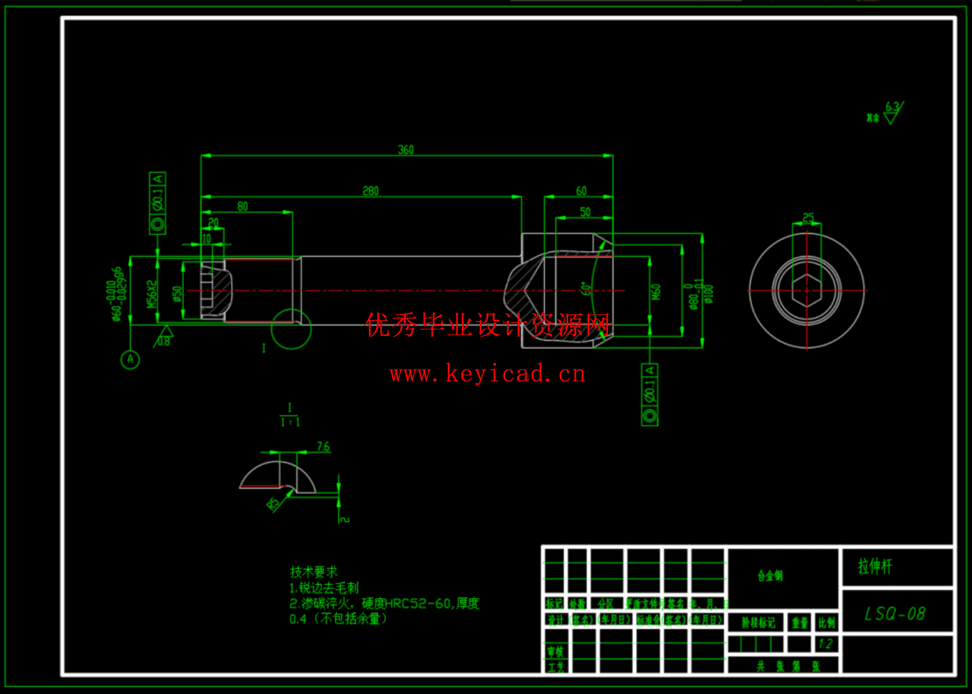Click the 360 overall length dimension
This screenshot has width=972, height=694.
[x=406, y=149]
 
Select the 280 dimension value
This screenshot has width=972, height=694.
[x=370, y=190]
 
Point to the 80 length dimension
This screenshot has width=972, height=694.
[x=242, y=206]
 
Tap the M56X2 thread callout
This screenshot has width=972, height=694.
[x=152, y=294]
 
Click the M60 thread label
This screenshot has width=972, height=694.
[x=656, y=291]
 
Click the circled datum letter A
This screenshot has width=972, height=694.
[x=130, y=359]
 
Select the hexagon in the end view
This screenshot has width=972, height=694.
[x=806, y=289]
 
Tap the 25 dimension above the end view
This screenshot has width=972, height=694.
[x=808, y=217]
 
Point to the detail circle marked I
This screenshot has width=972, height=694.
[x=291, y=329]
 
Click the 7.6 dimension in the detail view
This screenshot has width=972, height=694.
[x=323, y=446]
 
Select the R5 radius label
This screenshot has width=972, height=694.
[x=272, y=503]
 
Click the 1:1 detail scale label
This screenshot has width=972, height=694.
[x=290, y=422]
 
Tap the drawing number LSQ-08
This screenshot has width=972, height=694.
[x=895, y=613]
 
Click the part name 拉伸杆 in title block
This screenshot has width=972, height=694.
[x=875, y=566]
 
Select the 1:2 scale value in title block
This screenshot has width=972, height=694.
[x=825, y=643]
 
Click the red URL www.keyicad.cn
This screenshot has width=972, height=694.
[x=488, y=374]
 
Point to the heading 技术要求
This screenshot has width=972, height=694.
[x=314, y=572]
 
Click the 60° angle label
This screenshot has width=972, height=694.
[x=586, y=288]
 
